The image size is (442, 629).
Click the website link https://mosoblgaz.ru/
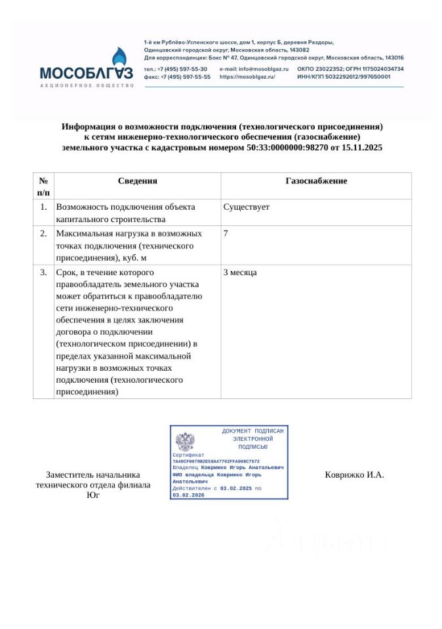pyautogui.click(x=247, y=77)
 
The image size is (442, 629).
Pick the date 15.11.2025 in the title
pyautogui.click(x=362, y=148)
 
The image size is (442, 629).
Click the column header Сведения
pyautogui.click(x=138, y=181)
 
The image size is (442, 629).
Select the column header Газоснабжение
pyautogui.click(x=316, y=181)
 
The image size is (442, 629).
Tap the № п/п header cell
pyautogui.click(x=43, y=186)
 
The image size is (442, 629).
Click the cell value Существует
pyautogui.click(x=247, y=207)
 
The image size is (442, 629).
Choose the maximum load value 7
pyautogui.click(x=226, y=233)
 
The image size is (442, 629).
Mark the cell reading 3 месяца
pyautogui.click(x=240, y=272)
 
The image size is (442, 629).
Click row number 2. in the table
pyautogui.click(x=43, y=233)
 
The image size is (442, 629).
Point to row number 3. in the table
pyautogui.click(x=43, y=272)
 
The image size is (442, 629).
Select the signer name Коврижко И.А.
pyautogui.click(x=354, y=475)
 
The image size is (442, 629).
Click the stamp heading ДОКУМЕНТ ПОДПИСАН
pyautogui.click(x=252, y=431)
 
